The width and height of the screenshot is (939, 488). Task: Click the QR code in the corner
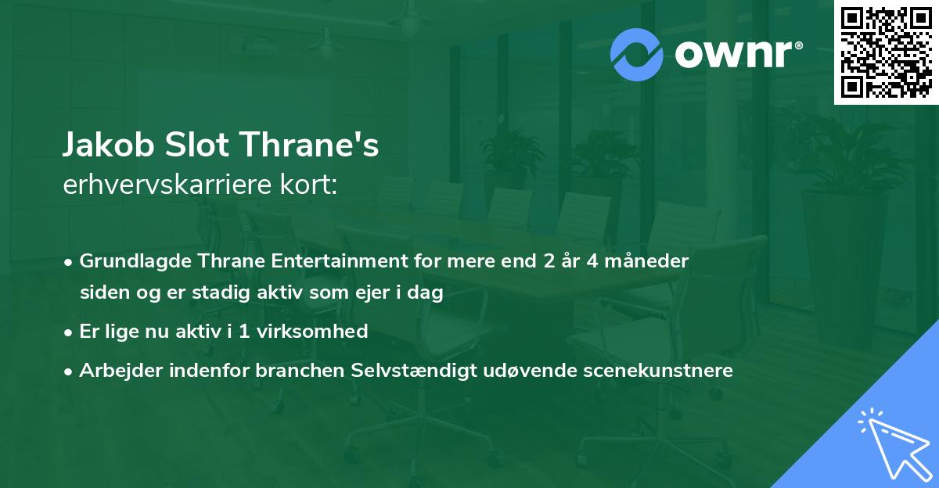coord(886,52)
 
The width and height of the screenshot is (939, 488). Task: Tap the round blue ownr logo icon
coord(637,55)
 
